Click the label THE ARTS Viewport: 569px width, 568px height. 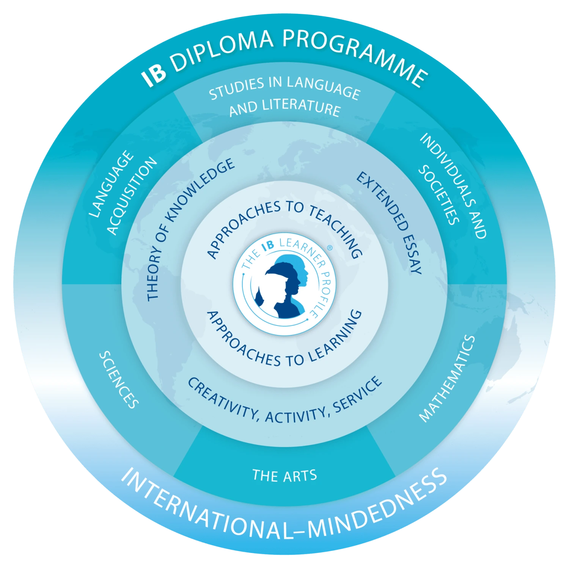284,476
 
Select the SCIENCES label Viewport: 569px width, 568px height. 119,380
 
